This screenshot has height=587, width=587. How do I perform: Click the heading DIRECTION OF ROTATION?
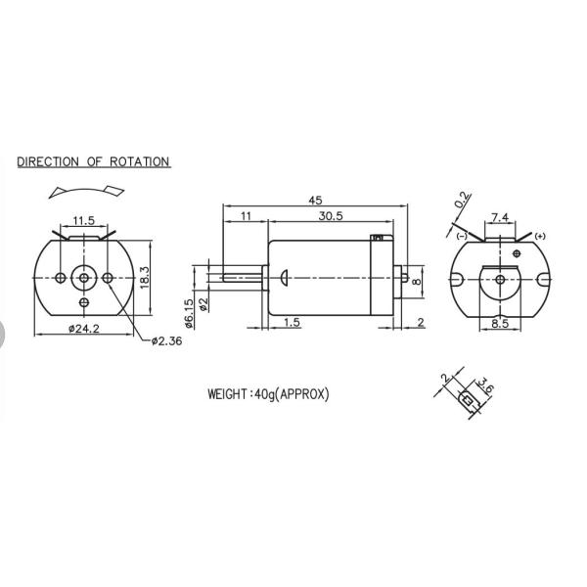[x=94, y=162]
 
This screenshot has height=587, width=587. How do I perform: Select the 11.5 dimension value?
[x=83, y=221]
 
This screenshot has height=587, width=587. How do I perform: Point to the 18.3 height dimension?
[x=145, y=277]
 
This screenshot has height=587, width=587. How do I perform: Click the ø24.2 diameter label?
[x=84, y=329]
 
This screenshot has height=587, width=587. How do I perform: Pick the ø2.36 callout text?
[x=168, y=341]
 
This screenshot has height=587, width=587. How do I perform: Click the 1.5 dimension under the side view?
[x=293, y=322]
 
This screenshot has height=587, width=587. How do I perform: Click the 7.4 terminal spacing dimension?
[x=499, y=217]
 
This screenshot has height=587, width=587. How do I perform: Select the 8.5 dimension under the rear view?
[x=500, y=322]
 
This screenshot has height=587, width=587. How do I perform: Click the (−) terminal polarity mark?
[x=460, y=236]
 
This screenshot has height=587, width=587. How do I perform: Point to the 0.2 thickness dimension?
[x=462, y=202]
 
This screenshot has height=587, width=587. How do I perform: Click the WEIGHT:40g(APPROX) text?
[x=268, y=395]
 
